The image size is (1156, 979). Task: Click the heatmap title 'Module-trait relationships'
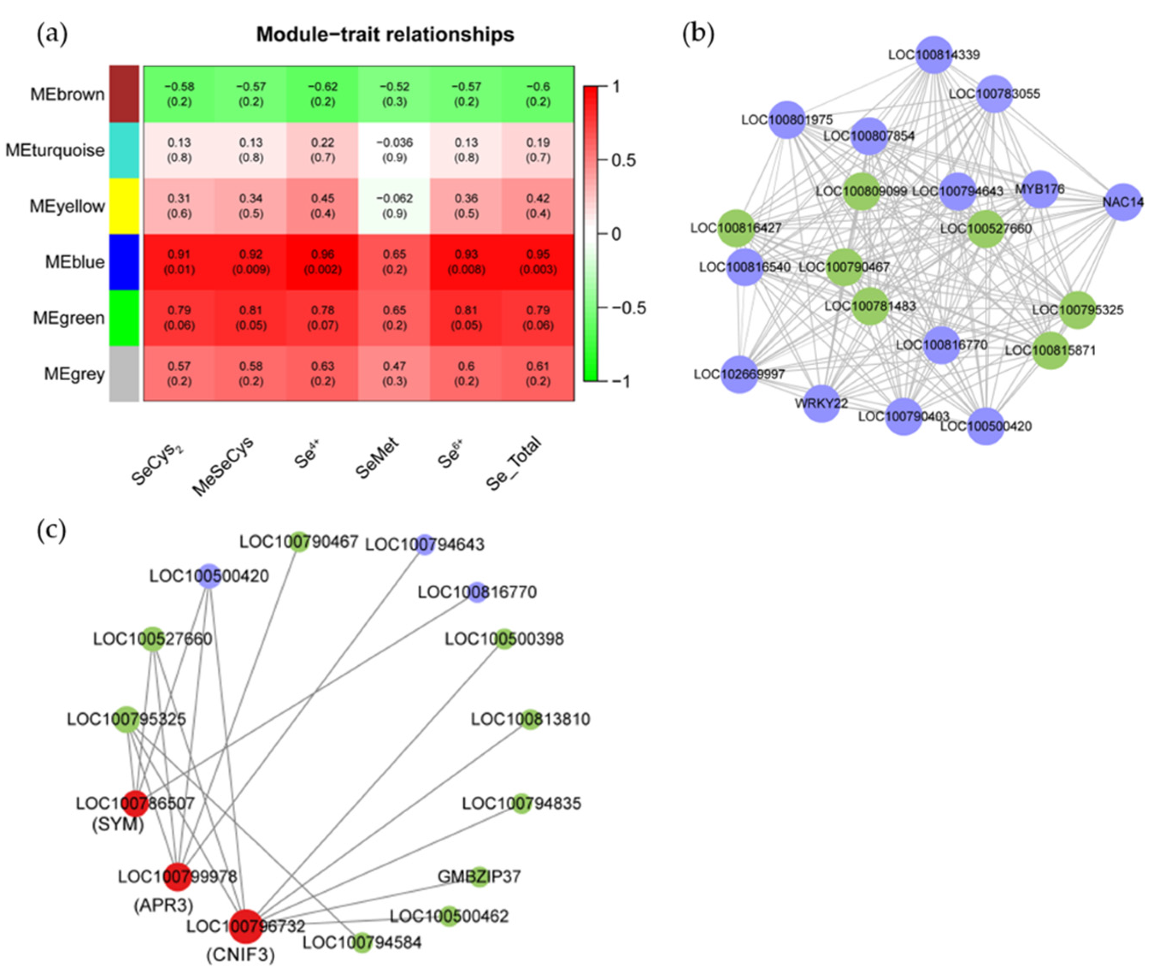(385, 35)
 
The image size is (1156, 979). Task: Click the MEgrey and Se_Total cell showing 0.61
(538, 373)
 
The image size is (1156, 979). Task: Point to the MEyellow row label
(67, 206)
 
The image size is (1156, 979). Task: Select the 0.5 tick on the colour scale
(623, 160)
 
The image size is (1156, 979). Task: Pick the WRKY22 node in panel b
(821, 403)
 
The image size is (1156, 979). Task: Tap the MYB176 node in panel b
(1039, 189)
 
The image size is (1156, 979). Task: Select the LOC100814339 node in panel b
(934, 55)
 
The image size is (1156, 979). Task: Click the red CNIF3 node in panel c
(246, 926)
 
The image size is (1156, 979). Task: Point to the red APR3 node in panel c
(177, 877)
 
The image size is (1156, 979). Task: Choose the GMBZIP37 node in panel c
(479, 877)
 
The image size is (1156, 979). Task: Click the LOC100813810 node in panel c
(530, 719)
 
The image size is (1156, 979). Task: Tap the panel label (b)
(698, 35)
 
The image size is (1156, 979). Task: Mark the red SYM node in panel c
(135, 803)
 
